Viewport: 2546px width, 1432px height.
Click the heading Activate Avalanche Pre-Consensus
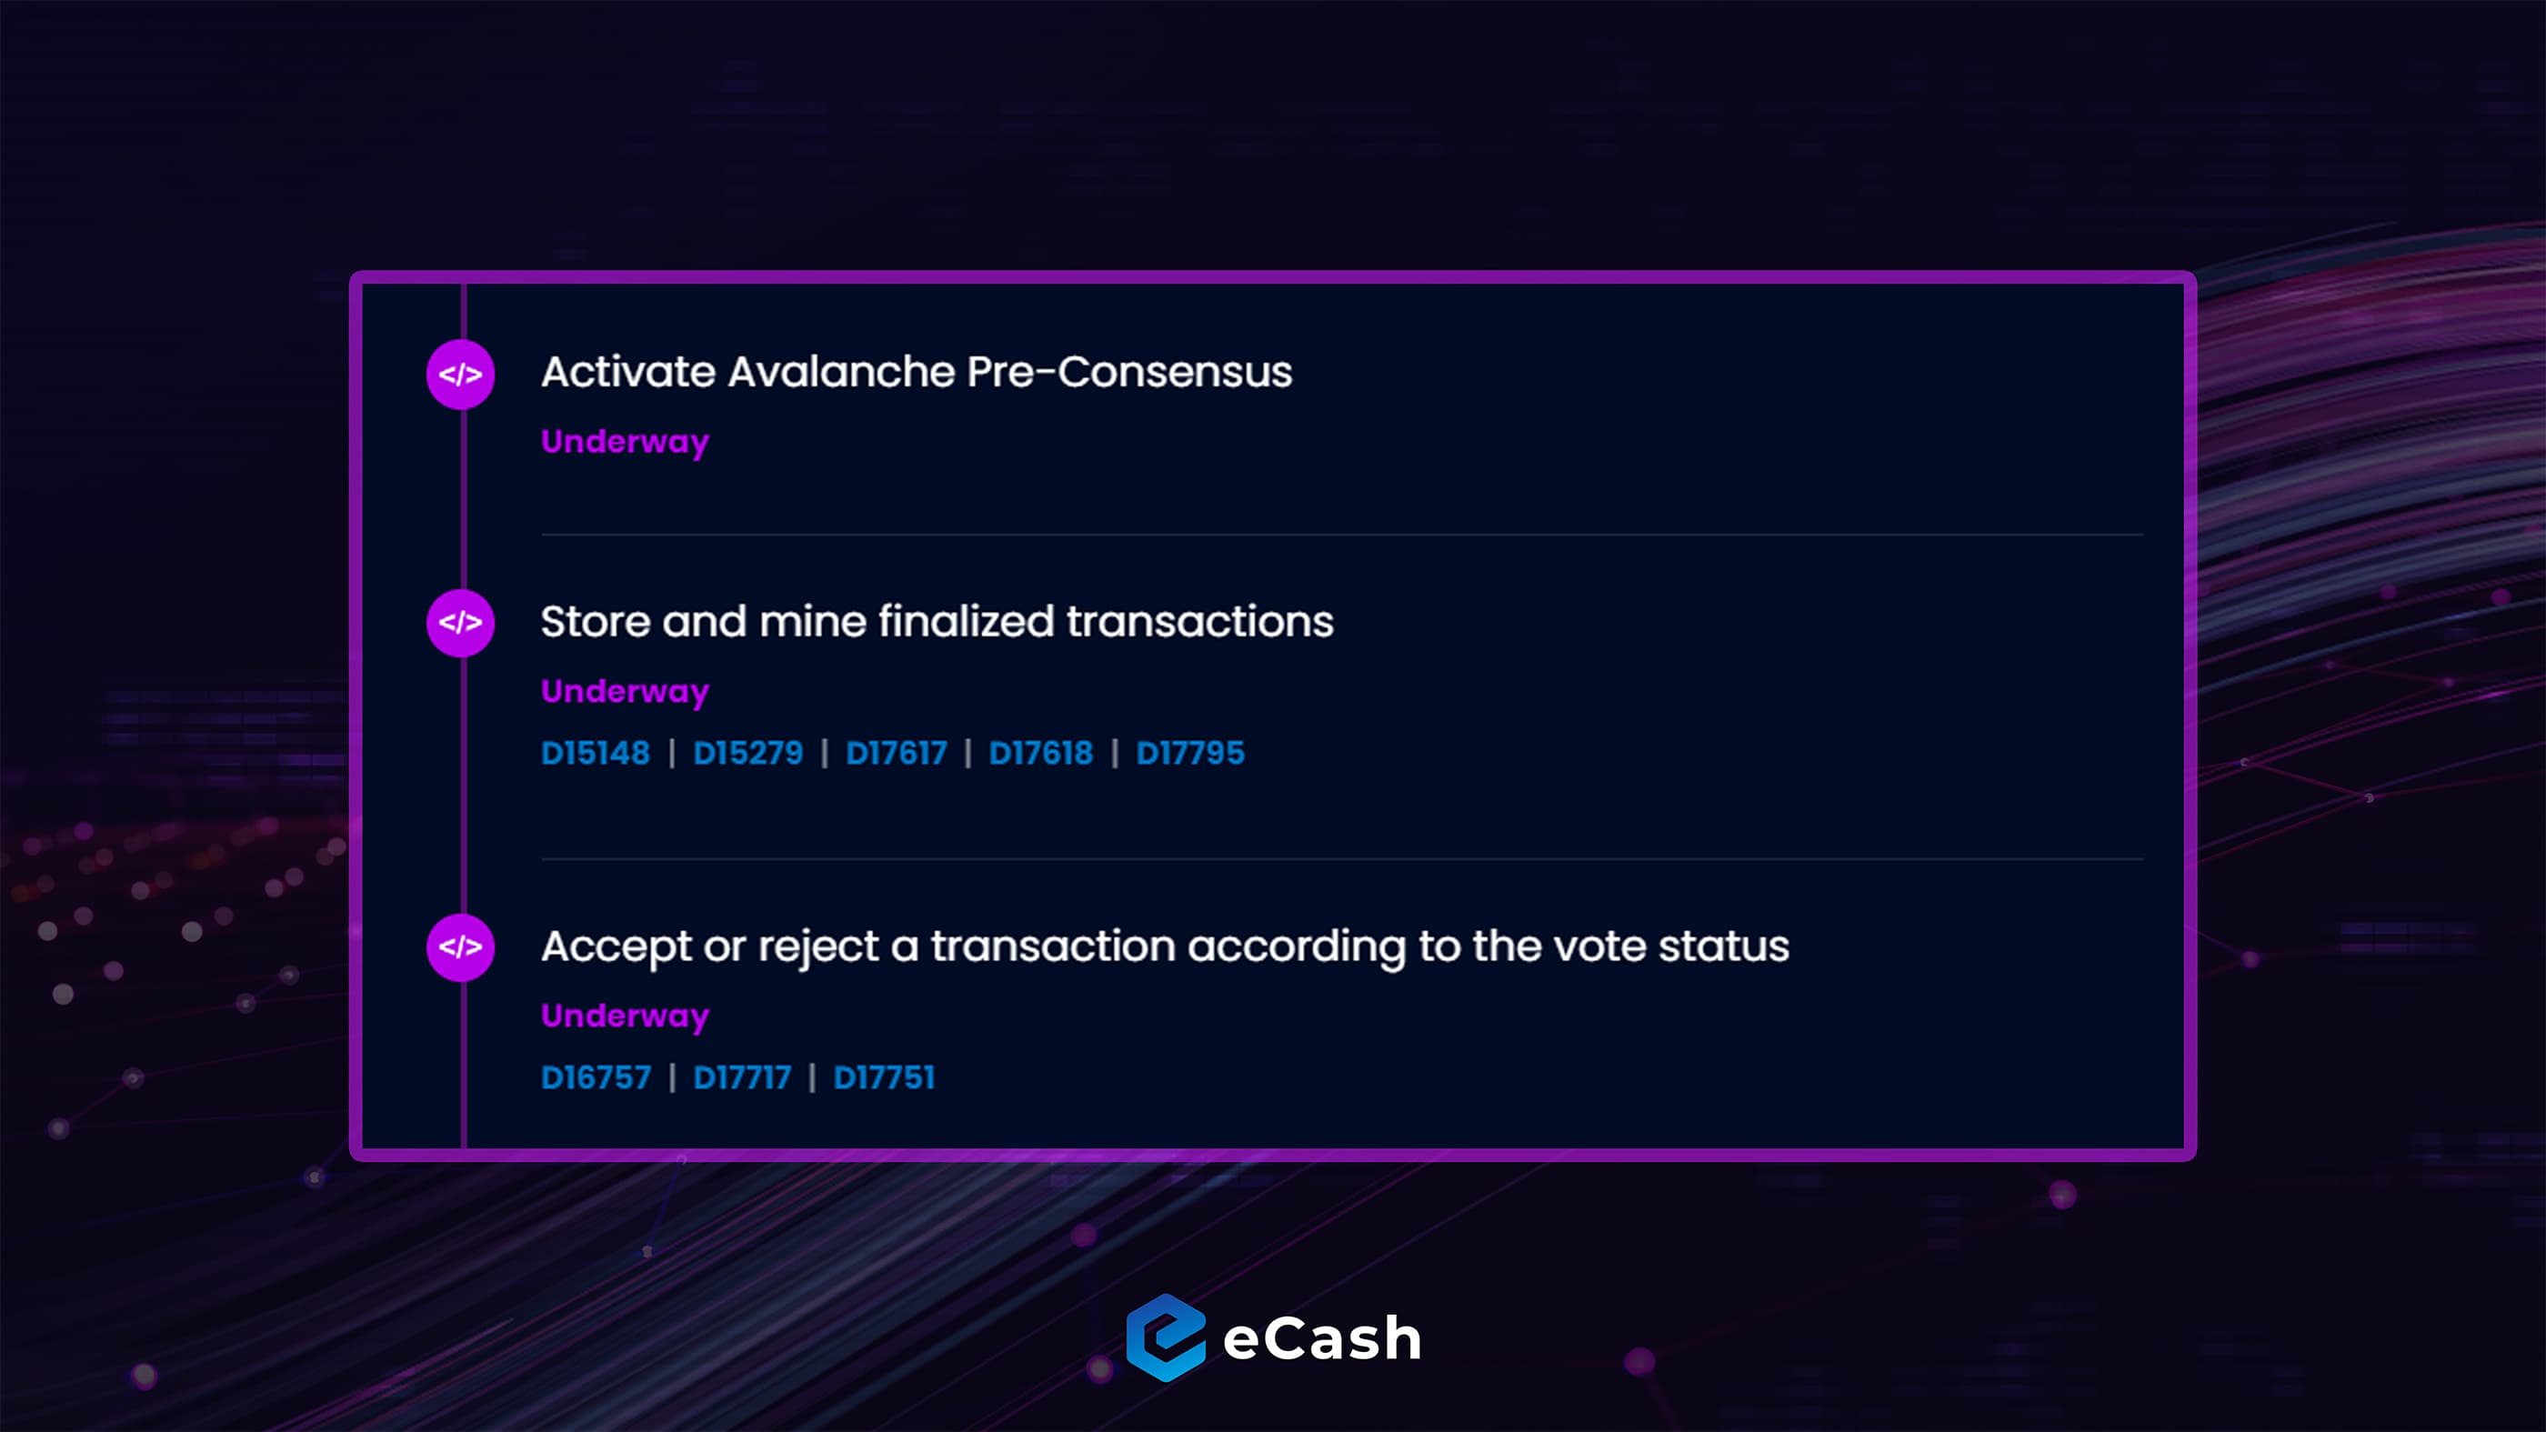coord(917,373)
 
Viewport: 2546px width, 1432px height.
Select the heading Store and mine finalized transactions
coord(937,622)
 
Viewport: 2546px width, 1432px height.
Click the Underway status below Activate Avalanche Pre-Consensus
coord(626,442)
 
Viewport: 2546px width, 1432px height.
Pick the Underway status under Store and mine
coord(626,692)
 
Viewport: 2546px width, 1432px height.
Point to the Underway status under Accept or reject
coord(626,1016)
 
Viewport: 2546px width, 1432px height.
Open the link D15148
coord(596,753)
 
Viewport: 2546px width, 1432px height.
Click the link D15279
coord(748,753)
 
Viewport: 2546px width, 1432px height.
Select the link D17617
coord(897,753)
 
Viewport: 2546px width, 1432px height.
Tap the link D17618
coord(1041,753)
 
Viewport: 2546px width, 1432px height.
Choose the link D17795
coord(1190,753)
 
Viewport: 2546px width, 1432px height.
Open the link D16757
coord(596,1077)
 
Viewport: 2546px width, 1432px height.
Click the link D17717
coord(742,1077)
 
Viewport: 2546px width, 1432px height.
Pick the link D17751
coord(884,1077)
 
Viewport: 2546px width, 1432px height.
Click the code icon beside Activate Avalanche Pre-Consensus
coord(461,375)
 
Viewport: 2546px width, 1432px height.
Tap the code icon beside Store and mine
coord(461,623)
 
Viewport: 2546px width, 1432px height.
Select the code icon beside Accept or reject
coord(461,946)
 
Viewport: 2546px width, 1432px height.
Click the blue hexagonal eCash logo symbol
coord(1167,1337)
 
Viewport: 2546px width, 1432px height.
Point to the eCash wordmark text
coord(1322,1339)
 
